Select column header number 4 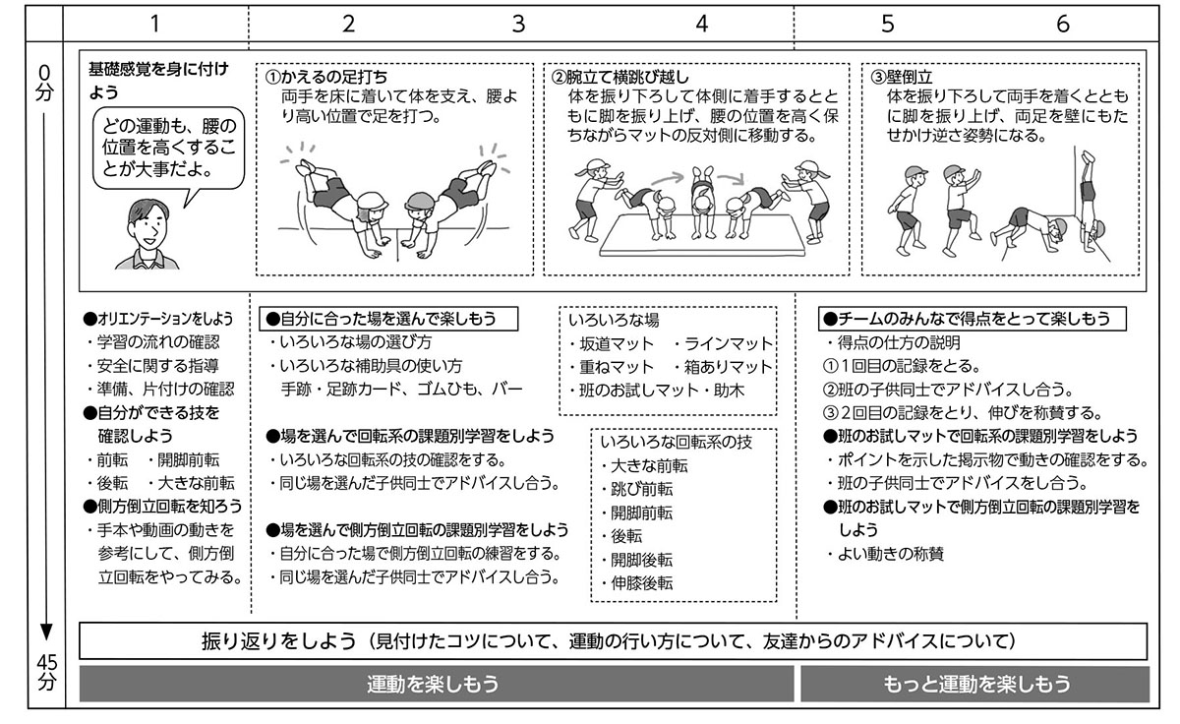pos(701,25)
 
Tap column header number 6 pos(1063,25)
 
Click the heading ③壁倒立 pos(902,76)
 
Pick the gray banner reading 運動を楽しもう pos(434,684)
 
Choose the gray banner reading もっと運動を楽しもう pos(973,684)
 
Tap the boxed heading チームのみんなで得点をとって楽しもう pos(972,319)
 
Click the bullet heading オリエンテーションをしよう pos(158,319)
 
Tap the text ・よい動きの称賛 pos(885,554)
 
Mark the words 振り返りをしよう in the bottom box pos(277,641)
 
